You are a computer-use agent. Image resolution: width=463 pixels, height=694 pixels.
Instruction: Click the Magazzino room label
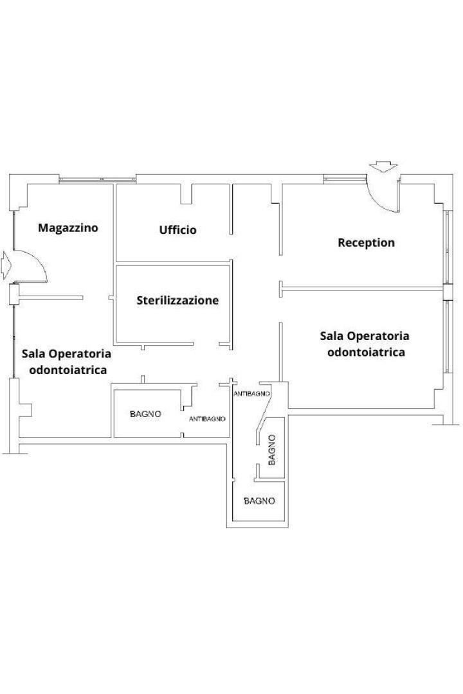(68, 228)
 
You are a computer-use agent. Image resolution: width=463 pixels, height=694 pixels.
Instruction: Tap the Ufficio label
(177, 229)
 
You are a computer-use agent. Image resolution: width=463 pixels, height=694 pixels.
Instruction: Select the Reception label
(366, 242)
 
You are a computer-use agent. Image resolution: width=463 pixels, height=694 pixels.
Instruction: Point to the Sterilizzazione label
(177, 301)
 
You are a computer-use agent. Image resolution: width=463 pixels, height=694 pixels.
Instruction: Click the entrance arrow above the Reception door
(384, 166)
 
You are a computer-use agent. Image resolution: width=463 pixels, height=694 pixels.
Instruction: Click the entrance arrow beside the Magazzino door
(6, 265)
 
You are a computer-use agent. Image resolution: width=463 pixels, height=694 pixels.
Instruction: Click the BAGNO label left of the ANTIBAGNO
(145, 414)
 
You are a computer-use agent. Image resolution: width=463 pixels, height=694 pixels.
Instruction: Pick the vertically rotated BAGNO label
(271, 450)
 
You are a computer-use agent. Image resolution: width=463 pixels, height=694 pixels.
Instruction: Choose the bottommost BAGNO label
(259, 501)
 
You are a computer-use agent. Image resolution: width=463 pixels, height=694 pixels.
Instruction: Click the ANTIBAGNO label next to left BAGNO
(207, 419)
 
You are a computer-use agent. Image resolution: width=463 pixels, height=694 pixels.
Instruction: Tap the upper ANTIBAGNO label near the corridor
(251, 393)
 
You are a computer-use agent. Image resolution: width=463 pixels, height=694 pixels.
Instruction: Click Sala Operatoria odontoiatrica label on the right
(365, 344)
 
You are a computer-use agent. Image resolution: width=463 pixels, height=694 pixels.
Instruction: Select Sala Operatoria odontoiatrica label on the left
(67, 362)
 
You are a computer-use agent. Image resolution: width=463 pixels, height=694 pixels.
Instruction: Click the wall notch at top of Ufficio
(186, 193)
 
